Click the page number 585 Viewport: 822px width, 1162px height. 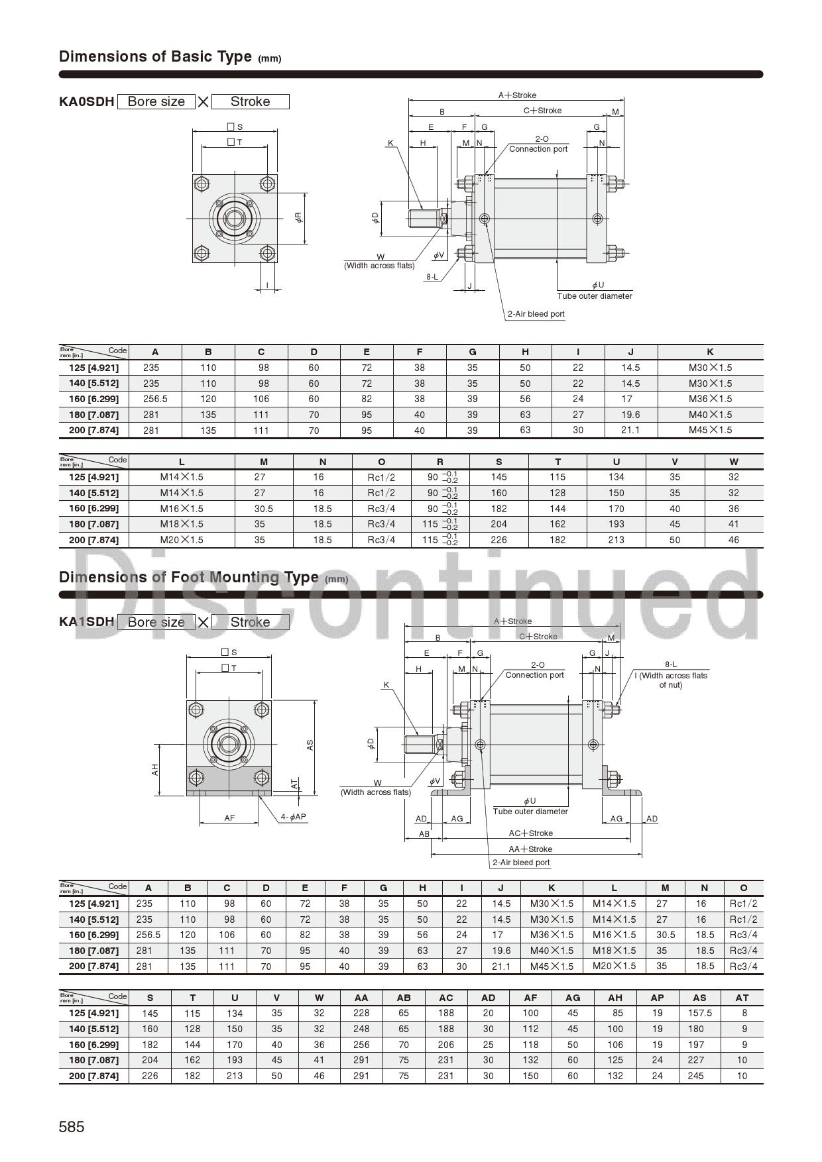coord(72,1127)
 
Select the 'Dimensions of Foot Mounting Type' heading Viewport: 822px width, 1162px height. coord(189,577)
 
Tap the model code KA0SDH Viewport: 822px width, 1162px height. coord(86,101)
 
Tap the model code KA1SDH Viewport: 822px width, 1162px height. coord(86,622)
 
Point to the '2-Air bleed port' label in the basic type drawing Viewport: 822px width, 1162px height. coord(536,314)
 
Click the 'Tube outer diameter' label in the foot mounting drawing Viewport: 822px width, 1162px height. coord(530,812)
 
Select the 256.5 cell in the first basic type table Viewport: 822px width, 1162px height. coord(155,399)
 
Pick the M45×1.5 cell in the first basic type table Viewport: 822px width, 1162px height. coord(710,430)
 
